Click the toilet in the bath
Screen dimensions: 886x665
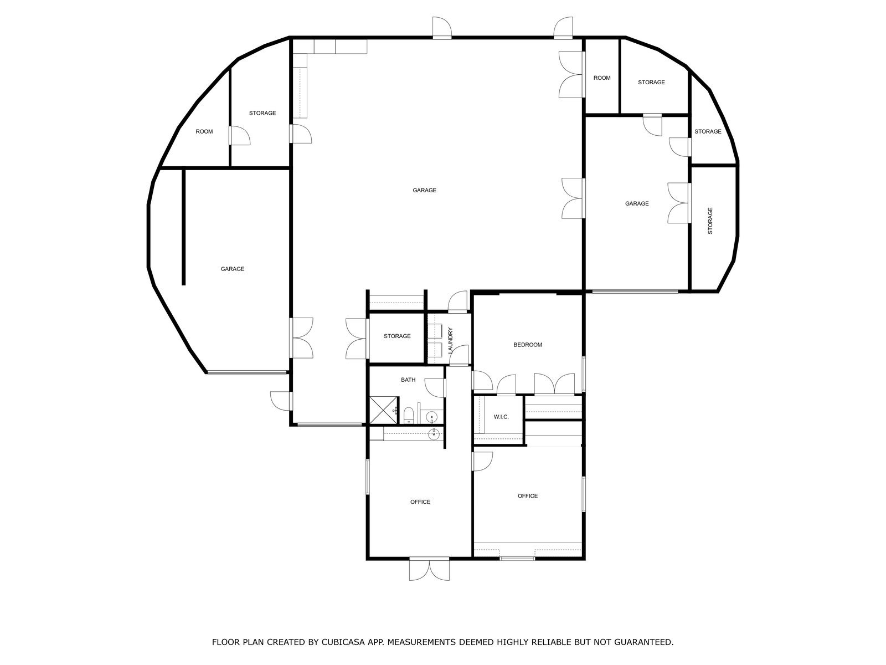409,415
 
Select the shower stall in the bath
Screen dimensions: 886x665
383,410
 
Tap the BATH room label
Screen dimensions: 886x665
408,380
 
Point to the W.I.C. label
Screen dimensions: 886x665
501,417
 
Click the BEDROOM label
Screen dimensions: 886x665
528,344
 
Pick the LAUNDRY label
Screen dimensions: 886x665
450,340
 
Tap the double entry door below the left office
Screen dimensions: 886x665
429,569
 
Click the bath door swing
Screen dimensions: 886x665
435,388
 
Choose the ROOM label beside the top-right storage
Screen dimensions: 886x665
602,78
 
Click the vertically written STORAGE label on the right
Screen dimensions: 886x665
710,221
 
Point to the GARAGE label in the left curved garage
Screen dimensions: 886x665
232,269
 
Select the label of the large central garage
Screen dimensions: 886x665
424,190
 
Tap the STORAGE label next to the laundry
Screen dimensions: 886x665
397,335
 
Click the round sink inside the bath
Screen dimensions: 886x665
432,417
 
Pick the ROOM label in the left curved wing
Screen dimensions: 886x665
204,131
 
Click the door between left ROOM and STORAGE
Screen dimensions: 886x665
240,135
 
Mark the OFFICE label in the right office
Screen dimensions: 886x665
528,495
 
